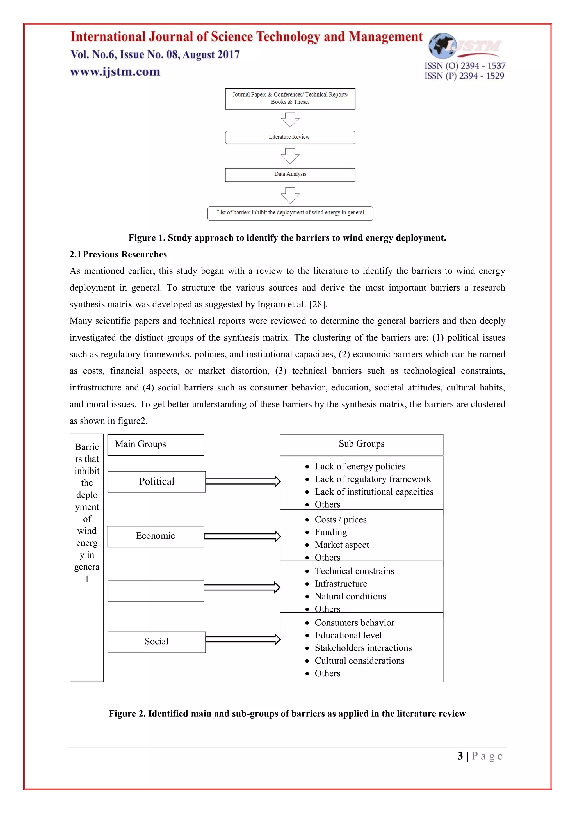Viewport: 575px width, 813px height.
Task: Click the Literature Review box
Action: click(290, 137)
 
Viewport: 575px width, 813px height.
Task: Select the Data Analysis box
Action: click(290, 175)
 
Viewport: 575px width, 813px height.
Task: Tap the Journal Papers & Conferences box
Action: click(290, 99)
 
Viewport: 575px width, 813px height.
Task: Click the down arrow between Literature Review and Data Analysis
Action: click(290, 156)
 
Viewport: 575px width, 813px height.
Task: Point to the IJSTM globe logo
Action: click(442, 46)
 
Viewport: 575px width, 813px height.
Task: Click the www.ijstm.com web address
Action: click(115, 72)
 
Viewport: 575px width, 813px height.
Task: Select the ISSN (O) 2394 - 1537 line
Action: click(465, 66)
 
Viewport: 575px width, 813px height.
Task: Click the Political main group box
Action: click(156, 481)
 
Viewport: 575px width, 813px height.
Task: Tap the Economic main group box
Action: click(156, 536)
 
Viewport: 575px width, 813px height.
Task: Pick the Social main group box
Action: click(156, 642)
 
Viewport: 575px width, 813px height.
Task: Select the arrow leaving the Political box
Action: click(243, 481)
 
